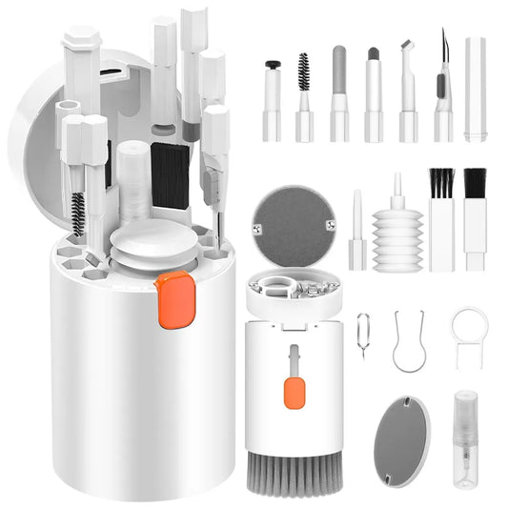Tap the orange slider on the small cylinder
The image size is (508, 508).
pyautogui.click(x=295, y=391)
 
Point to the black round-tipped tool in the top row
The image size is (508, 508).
pyautogui.click(x=273, y=67)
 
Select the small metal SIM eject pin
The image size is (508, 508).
pyautogui.click(x=363, y=335)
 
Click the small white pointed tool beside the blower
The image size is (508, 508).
pyautogui.click(x=356, y=229)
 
